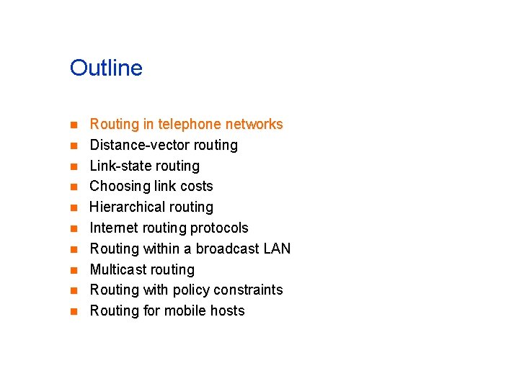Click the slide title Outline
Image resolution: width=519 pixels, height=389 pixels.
tap(106, 68)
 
